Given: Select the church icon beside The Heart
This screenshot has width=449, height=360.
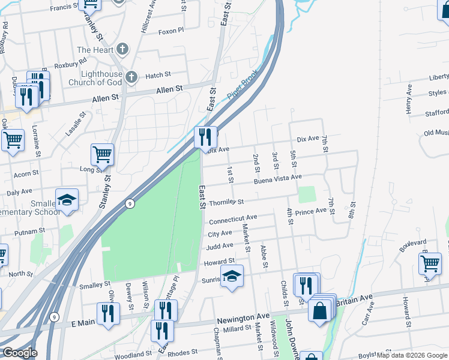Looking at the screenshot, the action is pyautogui.click(x=122, y=50).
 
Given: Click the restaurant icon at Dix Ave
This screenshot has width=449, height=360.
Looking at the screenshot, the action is pyautogui.click(x=205, y=138).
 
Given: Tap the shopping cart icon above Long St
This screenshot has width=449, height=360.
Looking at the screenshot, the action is pyautogui.click(x=102, y=154).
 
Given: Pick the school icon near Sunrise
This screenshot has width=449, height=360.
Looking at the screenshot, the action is pyautogui.click(x=232, y=277).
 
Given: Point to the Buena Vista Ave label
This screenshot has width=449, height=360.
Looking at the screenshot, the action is pyautogui.click(x=277, y=178).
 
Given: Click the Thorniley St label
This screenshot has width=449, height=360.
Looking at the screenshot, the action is pyautogui.click(x=226, y=203).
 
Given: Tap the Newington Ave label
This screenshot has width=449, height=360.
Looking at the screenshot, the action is pyautogui.click(x=247, y=316).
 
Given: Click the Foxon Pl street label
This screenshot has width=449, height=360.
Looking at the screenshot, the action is pyautogui.click(x=171, y=31).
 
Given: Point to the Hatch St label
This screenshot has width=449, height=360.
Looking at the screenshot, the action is pyautogui.click(x=158, y=75).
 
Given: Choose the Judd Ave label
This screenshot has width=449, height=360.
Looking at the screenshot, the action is pyautogui.click(x=220, y=247).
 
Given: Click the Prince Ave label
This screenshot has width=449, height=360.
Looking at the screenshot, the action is pyautogui.click(x=310, y=212).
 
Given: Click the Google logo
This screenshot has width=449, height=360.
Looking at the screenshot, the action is pyautogui.click(x=19, y=353).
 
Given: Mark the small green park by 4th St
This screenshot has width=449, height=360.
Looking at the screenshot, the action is pyautogui.click(x=307, y=194).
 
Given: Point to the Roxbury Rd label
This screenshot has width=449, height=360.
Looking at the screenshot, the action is pyautogui.click(x=71, y=61).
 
